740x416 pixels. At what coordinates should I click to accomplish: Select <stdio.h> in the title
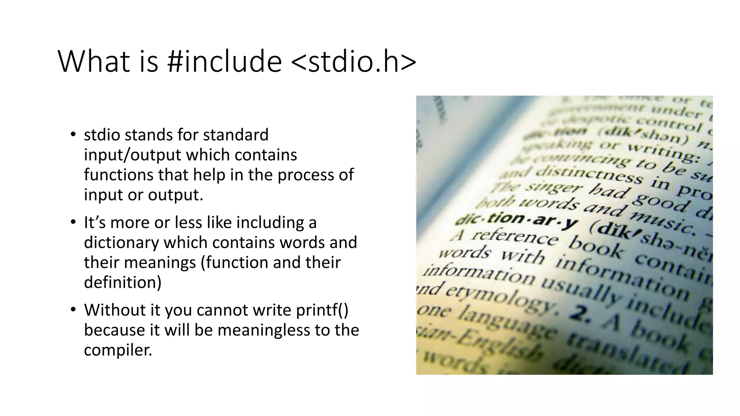(x=353, y=62)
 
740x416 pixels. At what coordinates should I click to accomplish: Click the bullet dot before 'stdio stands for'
(x=73, y=135)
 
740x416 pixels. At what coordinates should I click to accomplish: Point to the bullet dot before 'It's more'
(x=73, y=222)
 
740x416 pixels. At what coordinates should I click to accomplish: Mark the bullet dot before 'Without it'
(x=73, y=309)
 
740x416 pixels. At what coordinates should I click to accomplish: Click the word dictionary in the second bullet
(x=121, y=242)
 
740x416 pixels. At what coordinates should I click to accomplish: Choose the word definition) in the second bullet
(x=122, y=282)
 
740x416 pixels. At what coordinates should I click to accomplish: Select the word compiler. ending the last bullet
(x=118, y=350)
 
